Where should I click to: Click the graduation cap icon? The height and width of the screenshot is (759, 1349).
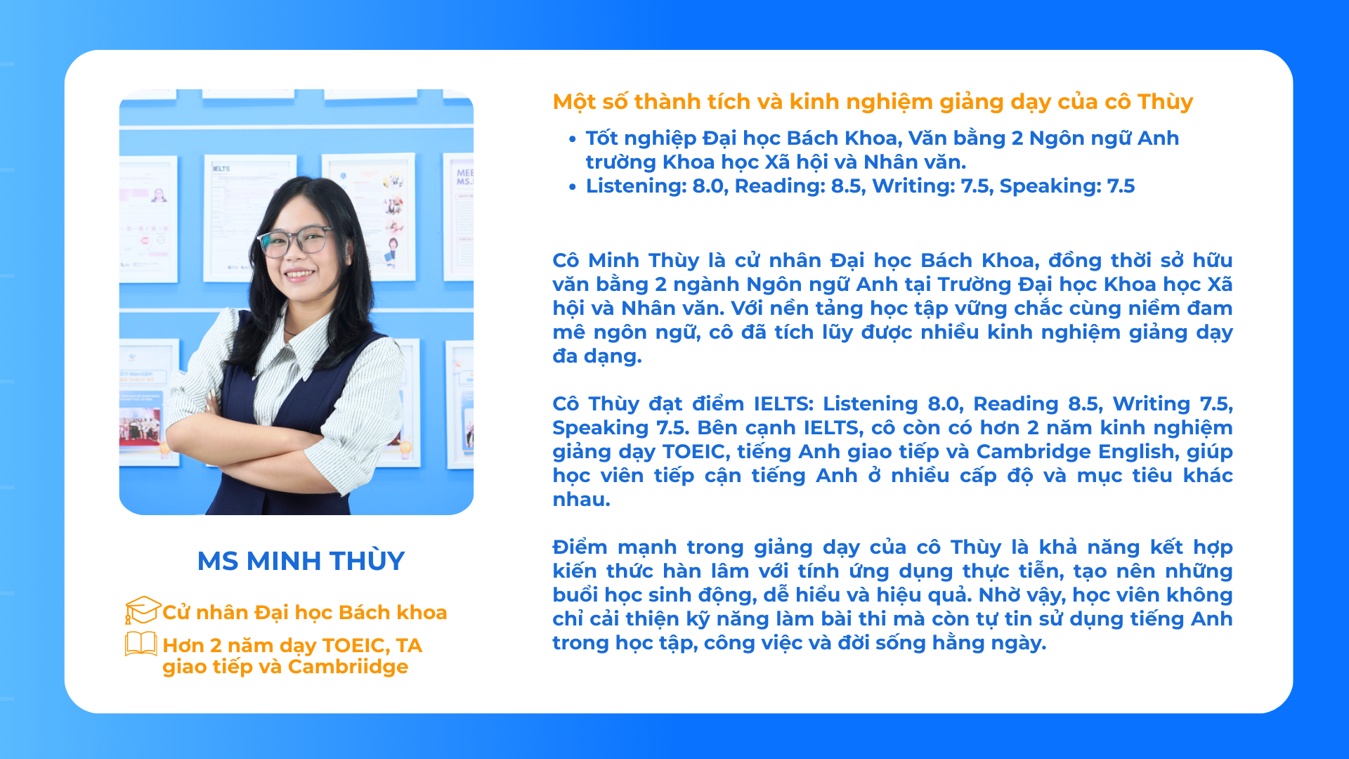pyautogui.click(x=143, y=610)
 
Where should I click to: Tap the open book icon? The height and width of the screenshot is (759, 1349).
pyautogui.click(x=141, y=644)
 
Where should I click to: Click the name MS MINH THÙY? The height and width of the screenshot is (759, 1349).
pyautogui.click(x=301, y=560)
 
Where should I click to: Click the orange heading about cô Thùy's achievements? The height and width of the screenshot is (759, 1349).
pyautogui.click(x=873, y=102)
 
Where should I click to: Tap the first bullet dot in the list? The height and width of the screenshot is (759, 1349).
pyautogui.click(x=573, y=139)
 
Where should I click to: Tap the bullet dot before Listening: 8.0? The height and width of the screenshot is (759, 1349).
pyautogui.click(x=573, y=187)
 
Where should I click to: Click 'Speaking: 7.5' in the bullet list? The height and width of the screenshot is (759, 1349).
pyautogui.click(x=1067, y=186)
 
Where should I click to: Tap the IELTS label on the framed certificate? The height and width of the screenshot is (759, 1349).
pyautogui.click(x=221, y=169)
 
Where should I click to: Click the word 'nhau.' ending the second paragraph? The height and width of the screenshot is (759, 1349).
pyautogui.click(x=581, y=500)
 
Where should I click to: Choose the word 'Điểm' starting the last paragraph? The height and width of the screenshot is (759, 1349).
pyautogui.click(x=580, y=547)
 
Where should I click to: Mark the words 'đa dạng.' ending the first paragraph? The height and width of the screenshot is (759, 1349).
pyautogui.click(x=597, y=356)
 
